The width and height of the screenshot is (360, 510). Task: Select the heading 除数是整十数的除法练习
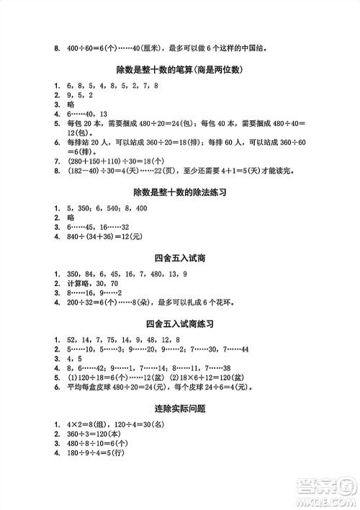[180, 192]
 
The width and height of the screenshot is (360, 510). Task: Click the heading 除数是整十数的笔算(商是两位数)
[180, 70]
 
